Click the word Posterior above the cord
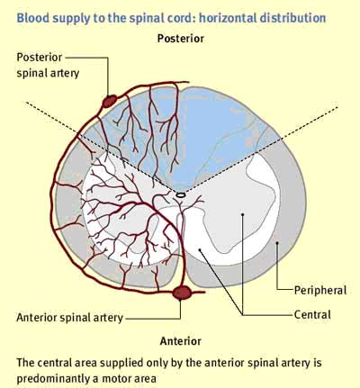pyautogui.click(x=181, y=39)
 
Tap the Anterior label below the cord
pyautogui.click(x=181, y=341)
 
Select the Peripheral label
pyautogui.click(x=320, y=291)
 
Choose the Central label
pyautogui.click(x=312, y=315)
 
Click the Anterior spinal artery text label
pyautogui.click(x=69, y=318)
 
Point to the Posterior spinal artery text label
pyautogui.click(x=48, y=65)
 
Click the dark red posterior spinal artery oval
pyautogui.click(x=110, y=101)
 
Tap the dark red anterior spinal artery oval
pyautogui.click(x=182, y=293)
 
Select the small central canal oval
pyautogui.click(x=181, y=195)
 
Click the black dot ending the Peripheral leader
pyautogui.click(x=277, y=242)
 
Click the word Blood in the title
pyautogui.click(x=30, y=18)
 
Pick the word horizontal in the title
pyautogui.click(x=228, y=18)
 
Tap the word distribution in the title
pyautogui.click(x=292, y=18)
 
